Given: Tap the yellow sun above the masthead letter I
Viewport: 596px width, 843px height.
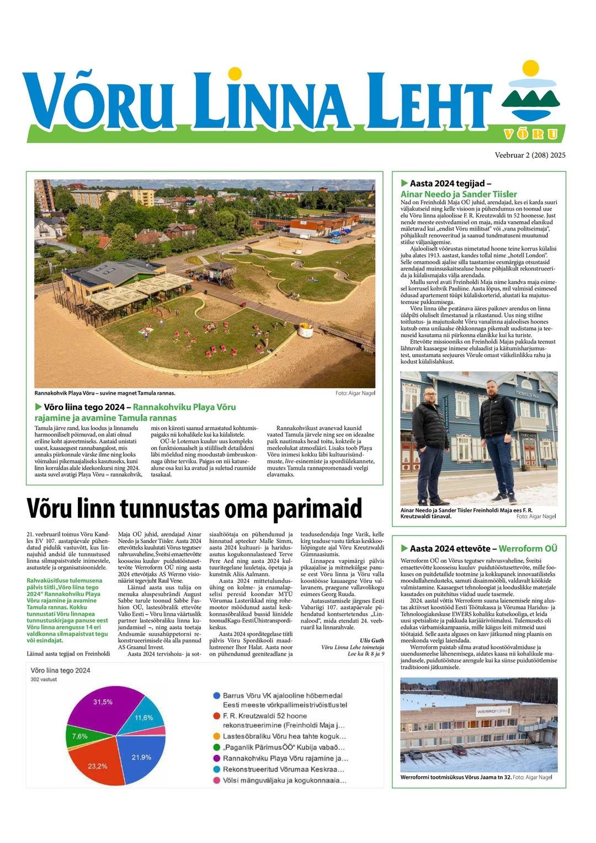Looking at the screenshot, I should (x=235, y=73).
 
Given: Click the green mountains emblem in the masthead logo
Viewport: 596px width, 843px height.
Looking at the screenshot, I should (x=530, y=99).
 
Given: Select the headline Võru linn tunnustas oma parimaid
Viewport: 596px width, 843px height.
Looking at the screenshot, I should (x=194, y=508).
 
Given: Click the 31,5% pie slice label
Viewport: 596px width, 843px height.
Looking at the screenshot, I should (x=103, y=702).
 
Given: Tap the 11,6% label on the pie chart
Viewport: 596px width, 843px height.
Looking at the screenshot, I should (x=143, y=718).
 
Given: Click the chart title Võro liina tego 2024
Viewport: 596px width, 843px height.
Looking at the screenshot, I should (x=61, y=670).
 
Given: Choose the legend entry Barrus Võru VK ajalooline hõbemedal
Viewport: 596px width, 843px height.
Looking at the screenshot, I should (x=283, y=696).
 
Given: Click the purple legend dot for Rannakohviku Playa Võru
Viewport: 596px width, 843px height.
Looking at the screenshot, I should (x=216, y=758).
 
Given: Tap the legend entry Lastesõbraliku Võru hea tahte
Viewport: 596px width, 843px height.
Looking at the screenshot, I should (x=284, y=736).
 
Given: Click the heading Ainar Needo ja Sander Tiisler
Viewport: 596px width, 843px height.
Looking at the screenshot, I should (x=459, y=194).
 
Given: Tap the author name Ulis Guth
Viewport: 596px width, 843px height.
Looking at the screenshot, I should (x=372, y=640).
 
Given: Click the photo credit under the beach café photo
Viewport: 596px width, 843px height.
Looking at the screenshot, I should (x=355, y=393).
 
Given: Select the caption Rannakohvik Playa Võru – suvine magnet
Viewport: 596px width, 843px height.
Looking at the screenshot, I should (x=105, y=393).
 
